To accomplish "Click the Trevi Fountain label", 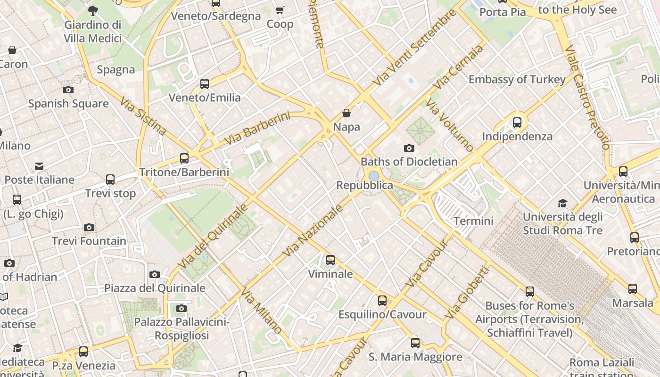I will (x=89, y=241).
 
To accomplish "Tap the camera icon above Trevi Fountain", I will (x=89, y=228).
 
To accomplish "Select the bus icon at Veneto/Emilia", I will (x=205, y=84).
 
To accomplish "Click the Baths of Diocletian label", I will (x=409, y=162).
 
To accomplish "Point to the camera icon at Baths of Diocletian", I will (x=409, y=148).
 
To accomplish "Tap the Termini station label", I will (x=473, y=221).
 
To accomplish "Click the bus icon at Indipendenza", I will (x=517, y=123).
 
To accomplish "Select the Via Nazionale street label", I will (x=312, y=231).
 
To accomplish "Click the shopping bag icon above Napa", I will (x=346, y=113).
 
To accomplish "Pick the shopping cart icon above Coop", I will (x=280, y=10).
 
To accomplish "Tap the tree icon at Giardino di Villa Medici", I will (x=93, y=10).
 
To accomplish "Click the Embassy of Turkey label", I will (x=517, y=79).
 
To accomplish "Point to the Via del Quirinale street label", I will (x=213, y=236).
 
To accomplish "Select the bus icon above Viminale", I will (x=330, y=260).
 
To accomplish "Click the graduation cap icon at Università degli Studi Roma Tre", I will (x=562, y=203).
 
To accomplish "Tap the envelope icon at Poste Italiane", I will (x=39, y=166).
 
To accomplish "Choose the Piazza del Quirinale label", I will (x=155, y=288).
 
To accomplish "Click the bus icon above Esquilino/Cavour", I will (x=382, y=300).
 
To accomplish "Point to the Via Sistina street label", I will (x=143, y=116).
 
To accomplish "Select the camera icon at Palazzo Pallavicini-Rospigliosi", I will (x=181, y=309).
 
